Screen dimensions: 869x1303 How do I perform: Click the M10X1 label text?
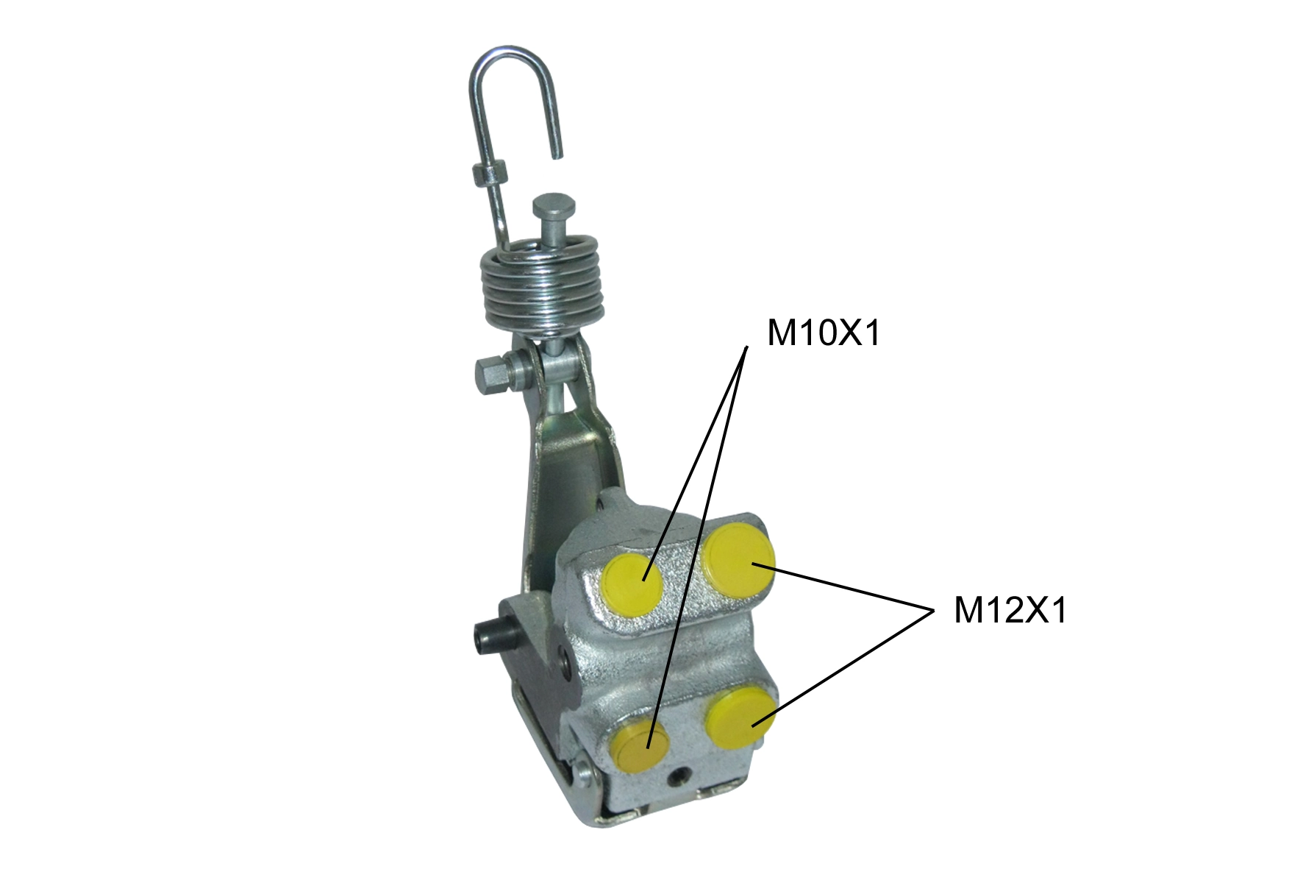(823, 333)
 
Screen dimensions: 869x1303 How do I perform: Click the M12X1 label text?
(1010, 611)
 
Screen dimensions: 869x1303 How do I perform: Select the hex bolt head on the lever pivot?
(490, 373)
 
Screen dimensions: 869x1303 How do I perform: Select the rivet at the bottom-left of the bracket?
(585, 772)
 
